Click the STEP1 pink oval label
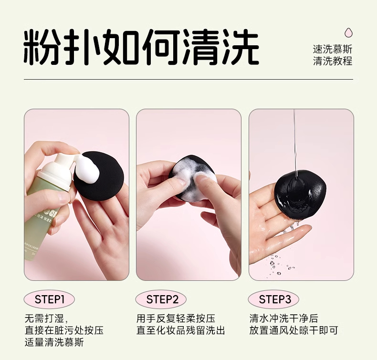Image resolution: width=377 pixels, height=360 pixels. pyautogui.click(x=49, y=299)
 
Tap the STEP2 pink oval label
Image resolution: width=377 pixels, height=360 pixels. pyautogui.click(x=161, y=299)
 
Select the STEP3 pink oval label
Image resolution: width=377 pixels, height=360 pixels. pyautogui.click(x=273, y=299)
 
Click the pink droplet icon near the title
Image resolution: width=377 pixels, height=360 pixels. pyautogui.click(x=348, y=32)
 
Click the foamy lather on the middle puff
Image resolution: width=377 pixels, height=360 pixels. pyautogui.click(x=190, y=176)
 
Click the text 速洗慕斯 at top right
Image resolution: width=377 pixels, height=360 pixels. pyautogui.click(x=333, y=50)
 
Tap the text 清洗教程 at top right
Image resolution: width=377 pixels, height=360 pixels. pyautogui.click(x=333, y=61)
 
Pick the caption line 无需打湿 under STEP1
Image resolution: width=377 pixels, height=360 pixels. pyautogui.click(x=47, y=319)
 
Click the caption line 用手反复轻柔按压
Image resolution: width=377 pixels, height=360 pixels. pyautogui.click(x=176, y=319)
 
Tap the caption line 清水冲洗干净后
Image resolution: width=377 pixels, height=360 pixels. pyautogui.click(x=284, y=319)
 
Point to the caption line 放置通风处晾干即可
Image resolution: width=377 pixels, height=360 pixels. pyautogui.click(x=293, y=330)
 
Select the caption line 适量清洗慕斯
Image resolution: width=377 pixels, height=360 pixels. pyautogui.click(x=54, y=342)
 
